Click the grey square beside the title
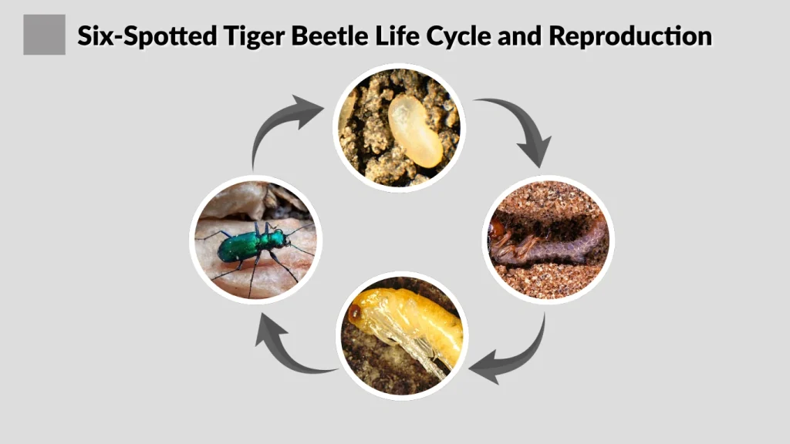coord(44,35)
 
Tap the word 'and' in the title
coord(521,35)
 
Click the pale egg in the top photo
coord(414,129)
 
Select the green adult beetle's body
coord(241,246)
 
